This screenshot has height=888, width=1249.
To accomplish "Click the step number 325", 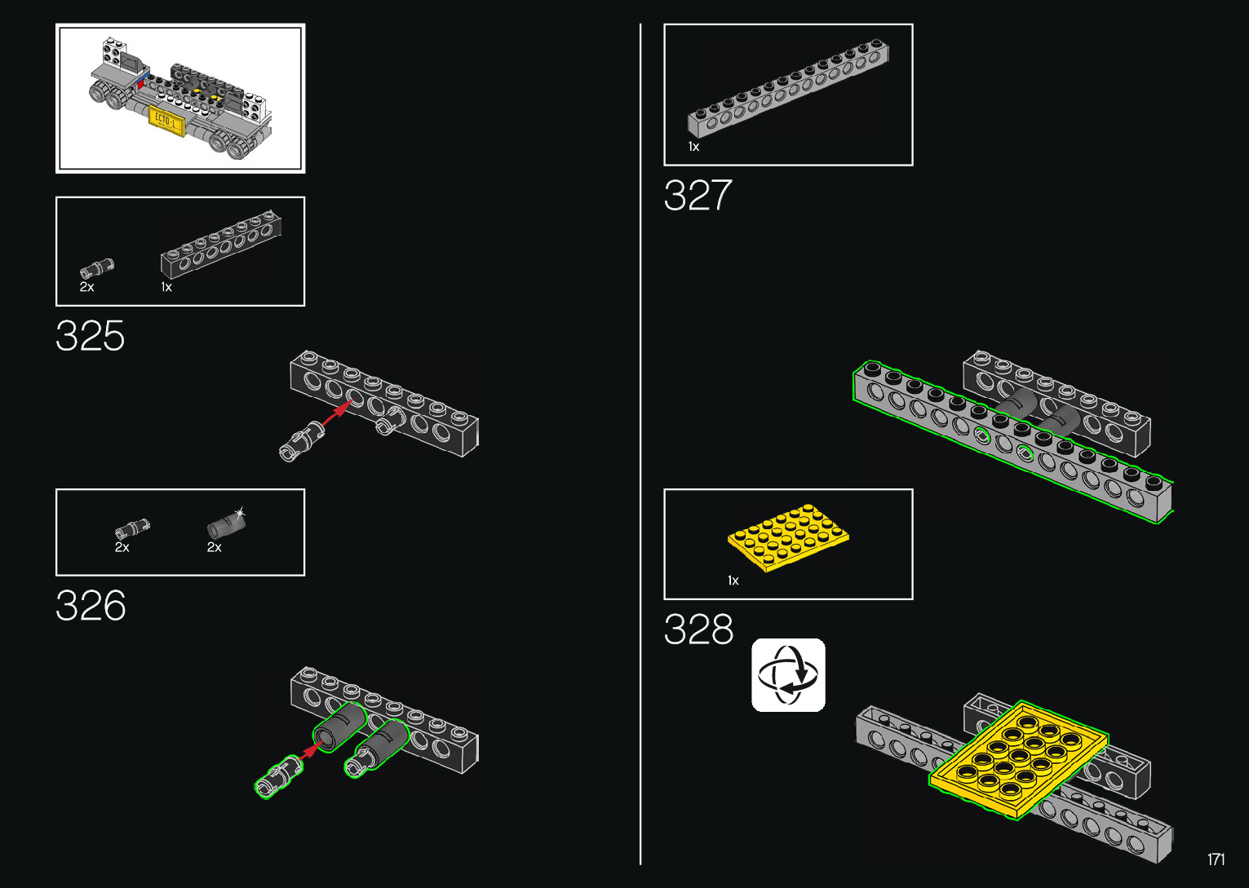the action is click(91, 336).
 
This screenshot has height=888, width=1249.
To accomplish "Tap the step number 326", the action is click(91, 605).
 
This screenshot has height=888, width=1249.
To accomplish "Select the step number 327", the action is click(698, 195).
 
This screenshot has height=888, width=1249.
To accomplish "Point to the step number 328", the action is click(698, 629).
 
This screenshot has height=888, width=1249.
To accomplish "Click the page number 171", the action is click(1216, 859).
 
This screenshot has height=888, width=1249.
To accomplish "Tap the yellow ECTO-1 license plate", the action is click(166, 121).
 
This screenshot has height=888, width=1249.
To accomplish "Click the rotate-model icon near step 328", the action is click(788, 675).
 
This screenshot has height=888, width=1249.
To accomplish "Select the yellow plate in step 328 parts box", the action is click(788, 538).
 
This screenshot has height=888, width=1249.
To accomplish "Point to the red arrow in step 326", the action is click(309, 750).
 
